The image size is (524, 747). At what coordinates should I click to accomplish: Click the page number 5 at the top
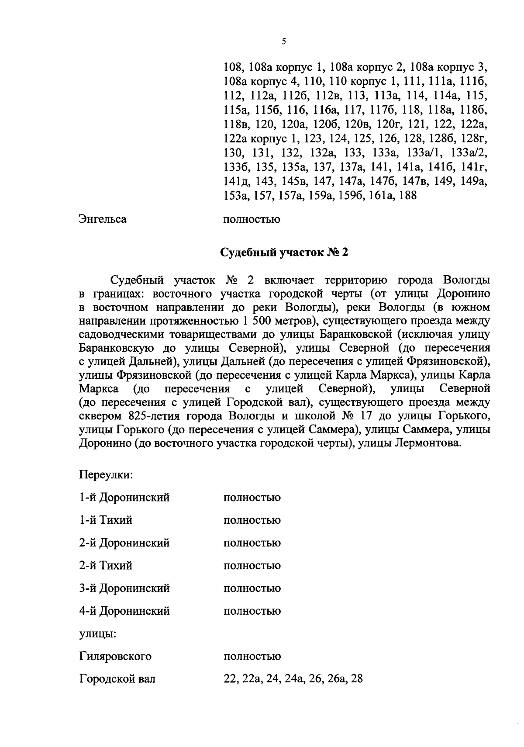click(284, 42)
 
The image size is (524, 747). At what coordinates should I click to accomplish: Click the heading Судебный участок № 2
click(284, 253)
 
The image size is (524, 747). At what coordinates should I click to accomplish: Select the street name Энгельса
click(103, 219)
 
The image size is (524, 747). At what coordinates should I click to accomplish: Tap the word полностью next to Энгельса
click(252, 219)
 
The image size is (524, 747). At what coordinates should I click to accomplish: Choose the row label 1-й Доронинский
click(124, 498)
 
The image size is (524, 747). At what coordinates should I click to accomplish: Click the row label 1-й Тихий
click(106, 520)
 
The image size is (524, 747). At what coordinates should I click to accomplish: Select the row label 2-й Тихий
click(106, 566)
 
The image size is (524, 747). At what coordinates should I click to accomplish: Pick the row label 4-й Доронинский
click(124, 611)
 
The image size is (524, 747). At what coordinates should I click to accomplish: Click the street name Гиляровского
click(115, 657)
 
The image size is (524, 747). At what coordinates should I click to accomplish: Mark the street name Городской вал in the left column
click(117, 679)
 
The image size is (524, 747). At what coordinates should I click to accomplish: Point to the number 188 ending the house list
click(408, 196)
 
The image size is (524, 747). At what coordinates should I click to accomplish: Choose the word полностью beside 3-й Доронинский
click(252, 588)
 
